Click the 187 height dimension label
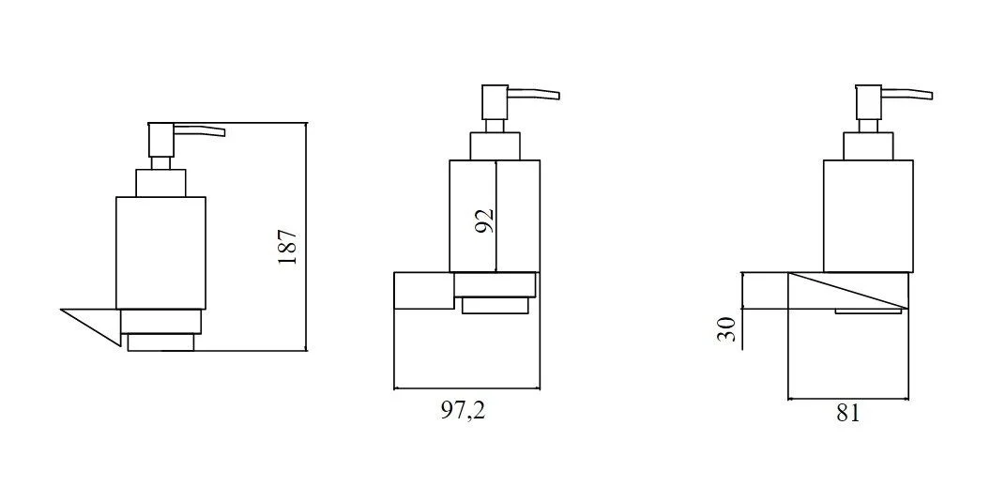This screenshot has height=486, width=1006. (x=288, y=246)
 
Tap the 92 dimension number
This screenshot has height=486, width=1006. (x=486, y=220)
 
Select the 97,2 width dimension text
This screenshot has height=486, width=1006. (x=464, y=411)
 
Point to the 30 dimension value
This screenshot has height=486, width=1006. (x=725, y=329)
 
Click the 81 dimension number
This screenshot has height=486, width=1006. (x=846, y=414)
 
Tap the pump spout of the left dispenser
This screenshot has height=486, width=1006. (x=199, y=131)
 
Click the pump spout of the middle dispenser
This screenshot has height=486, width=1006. (x=534, y=94)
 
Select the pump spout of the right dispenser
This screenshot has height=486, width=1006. (x=907, y=94)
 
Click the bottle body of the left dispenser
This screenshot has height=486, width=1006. (x=160, y=253)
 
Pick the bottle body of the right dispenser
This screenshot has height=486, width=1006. (x=867, y=216)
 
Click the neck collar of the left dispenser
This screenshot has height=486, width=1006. (x=160, y=183)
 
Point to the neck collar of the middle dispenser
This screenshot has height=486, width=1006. (x=495, y=146)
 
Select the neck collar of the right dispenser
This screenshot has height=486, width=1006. (x=868, y=146)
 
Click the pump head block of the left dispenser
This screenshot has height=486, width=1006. (x=161, y=140)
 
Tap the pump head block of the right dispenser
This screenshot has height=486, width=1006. (x=868, y=102)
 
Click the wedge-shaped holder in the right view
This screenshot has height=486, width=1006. (x=847, y=291)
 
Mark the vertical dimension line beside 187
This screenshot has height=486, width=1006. (x=307, y=236)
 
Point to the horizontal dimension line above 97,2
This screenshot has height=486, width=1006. (x=466, y=387)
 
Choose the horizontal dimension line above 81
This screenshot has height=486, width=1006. (x=848, y=398)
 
